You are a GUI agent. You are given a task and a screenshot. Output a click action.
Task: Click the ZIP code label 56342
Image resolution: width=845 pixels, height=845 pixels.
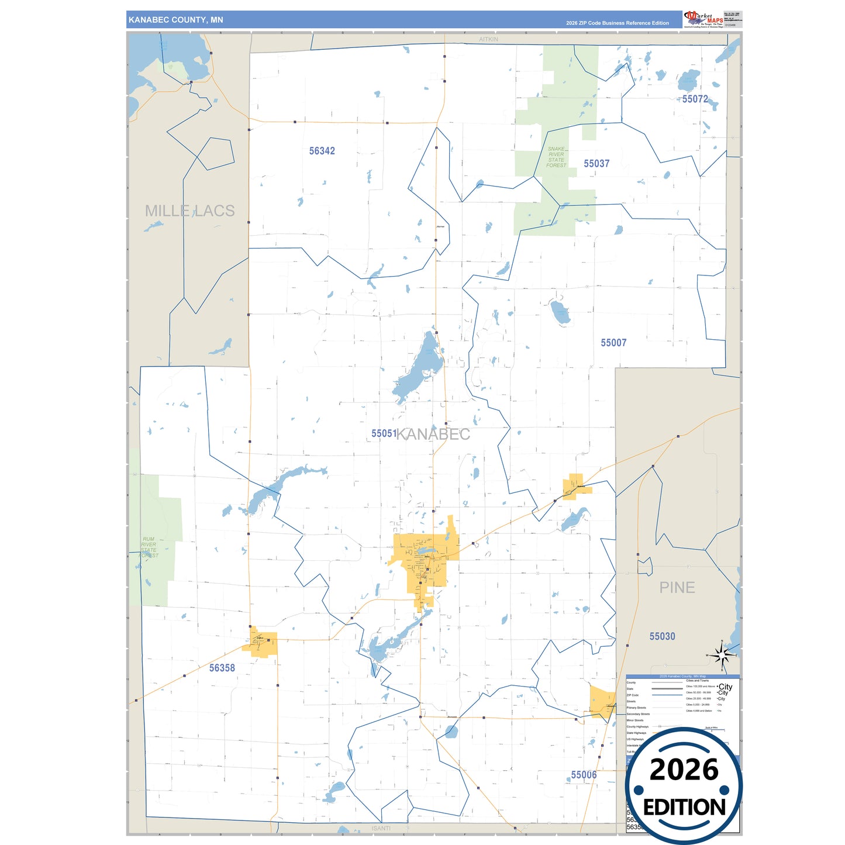322,151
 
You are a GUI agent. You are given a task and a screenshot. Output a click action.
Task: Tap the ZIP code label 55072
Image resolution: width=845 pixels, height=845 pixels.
695,99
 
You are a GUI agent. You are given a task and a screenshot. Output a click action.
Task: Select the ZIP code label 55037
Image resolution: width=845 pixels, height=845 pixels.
596,164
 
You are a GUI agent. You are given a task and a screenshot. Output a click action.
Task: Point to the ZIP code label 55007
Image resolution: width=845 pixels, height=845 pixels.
613,343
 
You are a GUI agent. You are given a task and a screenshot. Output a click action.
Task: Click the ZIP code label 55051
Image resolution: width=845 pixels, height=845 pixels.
384,433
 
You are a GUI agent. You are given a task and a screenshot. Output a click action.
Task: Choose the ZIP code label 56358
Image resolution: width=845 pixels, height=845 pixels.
222,668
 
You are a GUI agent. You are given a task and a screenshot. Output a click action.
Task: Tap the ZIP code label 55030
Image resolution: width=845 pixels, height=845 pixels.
662,636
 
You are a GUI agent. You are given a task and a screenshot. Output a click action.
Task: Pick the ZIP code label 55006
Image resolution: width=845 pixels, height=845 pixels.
584,775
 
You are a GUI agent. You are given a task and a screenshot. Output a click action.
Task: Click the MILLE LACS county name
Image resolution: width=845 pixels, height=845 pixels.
189,211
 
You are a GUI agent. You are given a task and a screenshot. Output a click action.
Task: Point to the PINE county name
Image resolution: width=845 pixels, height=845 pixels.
677,588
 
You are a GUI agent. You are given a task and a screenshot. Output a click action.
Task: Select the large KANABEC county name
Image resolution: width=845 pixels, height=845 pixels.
433,434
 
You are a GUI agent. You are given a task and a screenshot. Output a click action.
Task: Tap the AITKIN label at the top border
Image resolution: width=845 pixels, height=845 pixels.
488,39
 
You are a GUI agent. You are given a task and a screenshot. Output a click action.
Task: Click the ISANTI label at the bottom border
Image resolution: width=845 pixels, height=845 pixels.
381,828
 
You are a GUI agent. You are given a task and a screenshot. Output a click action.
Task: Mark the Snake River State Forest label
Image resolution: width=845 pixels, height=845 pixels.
556,157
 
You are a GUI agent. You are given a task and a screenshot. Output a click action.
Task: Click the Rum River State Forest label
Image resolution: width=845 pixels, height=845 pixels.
149,547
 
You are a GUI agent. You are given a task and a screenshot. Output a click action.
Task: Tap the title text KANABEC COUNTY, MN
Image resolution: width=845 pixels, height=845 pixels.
175,20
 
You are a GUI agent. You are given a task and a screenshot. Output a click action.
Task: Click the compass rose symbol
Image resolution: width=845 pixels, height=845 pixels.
722,655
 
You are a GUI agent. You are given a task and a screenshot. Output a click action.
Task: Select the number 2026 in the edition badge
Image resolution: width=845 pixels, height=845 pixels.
684,770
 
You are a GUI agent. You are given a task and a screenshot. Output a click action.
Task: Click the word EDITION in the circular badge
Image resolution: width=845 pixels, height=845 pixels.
684,808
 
